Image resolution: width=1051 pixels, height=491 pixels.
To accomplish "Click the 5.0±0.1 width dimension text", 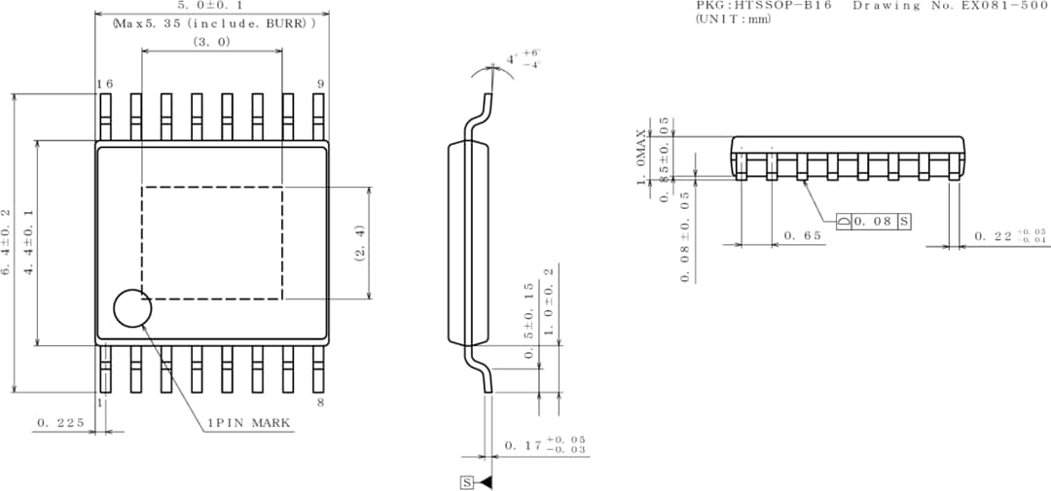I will coord(211,6).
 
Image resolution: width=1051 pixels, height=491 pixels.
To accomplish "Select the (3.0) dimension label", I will coord(211,42).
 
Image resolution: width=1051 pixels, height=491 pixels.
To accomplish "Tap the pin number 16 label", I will coord(104,85).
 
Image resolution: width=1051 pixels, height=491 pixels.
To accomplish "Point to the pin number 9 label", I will coord(319,85).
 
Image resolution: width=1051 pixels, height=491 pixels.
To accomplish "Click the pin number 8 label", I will coord(320,402).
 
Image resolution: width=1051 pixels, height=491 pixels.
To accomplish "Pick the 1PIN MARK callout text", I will coord(248,424).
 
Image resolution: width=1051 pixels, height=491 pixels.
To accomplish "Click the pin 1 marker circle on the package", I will coord(132,308).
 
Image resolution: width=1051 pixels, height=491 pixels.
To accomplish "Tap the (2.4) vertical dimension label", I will coord(359,243).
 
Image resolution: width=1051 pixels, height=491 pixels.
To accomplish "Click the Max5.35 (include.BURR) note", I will coord(214,22).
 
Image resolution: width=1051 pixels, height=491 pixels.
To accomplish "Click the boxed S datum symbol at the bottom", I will coord(466,482).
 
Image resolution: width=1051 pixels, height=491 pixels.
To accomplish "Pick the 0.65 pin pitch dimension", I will coord(803,236).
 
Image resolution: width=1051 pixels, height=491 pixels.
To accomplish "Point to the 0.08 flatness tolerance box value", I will coord(873,222).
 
